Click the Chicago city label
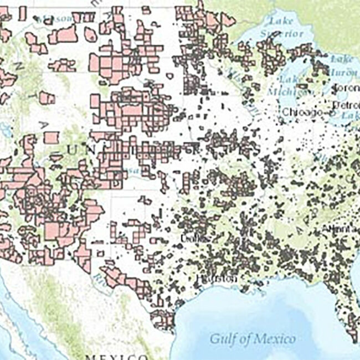point(302,112)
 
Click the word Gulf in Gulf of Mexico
point(223,338)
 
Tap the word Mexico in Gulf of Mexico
point(275,338)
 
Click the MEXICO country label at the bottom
point(117,357)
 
